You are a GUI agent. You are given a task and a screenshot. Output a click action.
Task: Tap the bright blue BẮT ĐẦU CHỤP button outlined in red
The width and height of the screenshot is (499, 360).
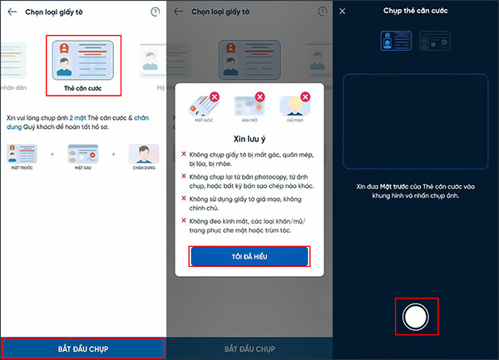[82, 347]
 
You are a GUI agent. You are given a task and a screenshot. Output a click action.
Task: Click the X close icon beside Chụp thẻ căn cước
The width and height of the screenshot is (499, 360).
[342, 11]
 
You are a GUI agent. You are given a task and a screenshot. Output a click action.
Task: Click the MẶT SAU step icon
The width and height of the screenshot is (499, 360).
[82, 156]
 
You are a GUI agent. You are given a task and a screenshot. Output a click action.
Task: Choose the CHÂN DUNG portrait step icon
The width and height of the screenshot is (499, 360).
[143, 156]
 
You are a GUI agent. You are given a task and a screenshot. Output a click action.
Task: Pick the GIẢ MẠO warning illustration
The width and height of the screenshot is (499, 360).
[297, 106]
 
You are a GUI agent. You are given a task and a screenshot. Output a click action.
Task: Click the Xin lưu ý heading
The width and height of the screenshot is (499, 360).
[250, 141]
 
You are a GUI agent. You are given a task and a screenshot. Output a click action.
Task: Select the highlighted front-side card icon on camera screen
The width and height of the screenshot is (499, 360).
[396, 40]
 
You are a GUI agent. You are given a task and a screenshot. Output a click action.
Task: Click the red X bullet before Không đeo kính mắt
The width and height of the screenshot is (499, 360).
[184, 219]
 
